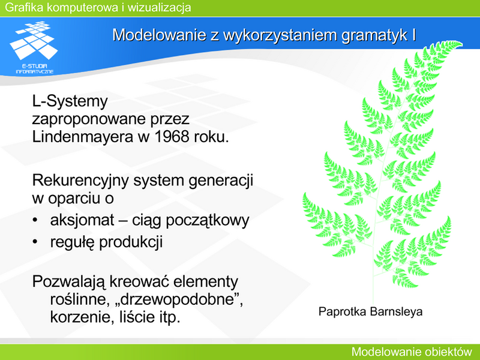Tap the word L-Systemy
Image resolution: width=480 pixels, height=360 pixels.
pyautogui.click(x=70, y=101)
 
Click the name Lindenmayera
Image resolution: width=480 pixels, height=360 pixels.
pyautogui.click(x=83, y=137)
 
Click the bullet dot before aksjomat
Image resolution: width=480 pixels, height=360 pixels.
pyautogui.click(x=35, y=220)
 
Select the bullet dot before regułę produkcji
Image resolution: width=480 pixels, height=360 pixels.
pyautogui.click(x=35, y=242)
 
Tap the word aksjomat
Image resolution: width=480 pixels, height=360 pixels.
pyautogui.click(x=82, y=220)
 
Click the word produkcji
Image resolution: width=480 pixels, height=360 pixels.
pyautogui.click(x=131, y=242)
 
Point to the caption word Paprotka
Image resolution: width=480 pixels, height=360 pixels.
pyautogui.click(x=342, y=311)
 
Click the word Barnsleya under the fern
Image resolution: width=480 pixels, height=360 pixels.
pyautogui.click(x=396, y=312)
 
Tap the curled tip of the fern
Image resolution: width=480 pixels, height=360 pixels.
pyautogui.click(x=458, y=43)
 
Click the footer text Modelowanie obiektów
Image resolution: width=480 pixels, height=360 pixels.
pyautogui.click(x=412, y=352)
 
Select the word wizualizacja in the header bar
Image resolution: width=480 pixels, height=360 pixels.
pyautogui.click(x=159, y=7)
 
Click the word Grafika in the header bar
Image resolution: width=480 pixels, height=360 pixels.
pyautogui.click(x=24, y=7)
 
